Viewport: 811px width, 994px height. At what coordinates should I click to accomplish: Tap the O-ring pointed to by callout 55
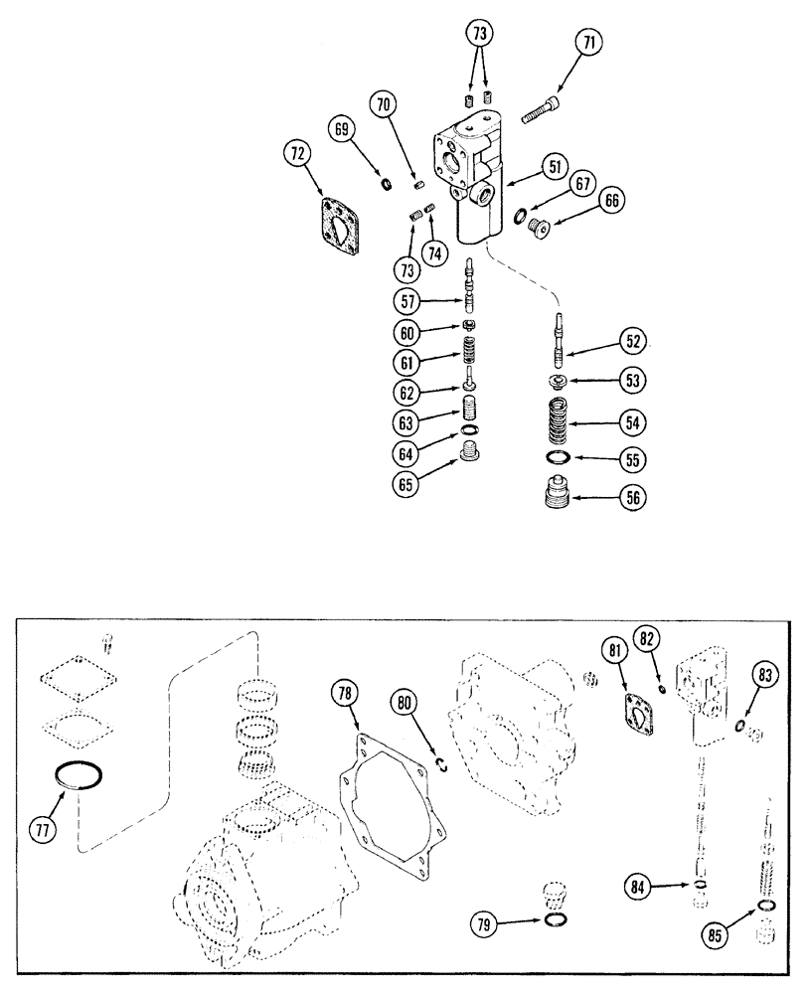561,458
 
